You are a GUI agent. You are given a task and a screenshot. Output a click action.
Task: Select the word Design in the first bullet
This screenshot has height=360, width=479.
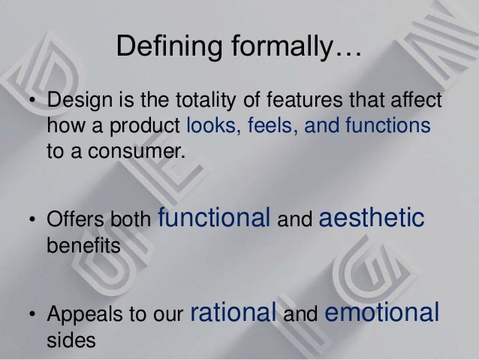[x=72, y=101]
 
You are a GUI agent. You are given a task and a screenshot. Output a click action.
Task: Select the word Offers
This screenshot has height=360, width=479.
[x=71, y=221]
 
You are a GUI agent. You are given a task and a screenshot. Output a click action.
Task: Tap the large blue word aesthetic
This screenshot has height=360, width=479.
[x=372, y=219]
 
